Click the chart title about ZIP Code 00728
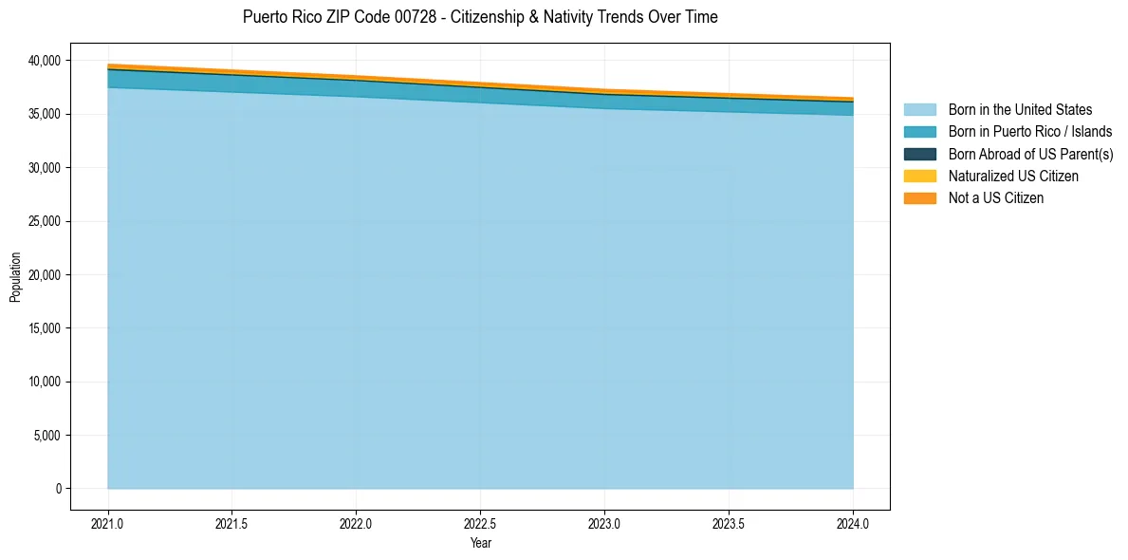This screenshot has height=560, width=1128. [480, 17]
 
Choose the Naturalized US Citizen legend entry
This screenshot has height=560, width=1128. [1013, 177]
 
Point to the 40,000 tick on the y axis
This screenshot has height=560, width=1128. [42, 61]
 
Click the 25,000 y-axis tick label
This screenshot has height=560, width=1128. [42, 221]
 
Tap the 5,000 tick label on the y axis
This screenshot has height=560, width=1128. [45, 436]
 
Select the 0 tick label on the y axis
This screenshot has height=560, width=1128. [57, 489]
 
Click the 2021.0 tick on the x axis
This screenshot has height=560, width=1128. [107, 524]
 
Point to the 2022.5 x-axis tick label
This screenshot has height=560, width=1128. [480, 524]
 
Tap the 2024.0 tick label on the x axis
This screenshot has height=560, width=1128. [853, 524]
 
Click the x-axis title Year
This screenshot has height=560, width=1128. [480, 543]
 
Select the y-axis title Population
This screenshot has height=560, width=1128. [15, 275]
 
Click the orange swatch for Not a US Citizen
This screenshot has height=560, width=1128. [919, 198]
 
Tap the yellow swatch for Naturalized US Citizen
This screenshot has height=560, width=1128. [919, 177]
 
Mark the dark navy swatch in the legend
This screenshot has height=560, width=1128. [919, 154]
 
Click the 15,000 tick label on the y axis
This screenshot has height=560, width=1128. [42, 328]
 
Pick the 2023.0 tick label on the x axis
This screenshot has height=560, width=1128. [604, 524]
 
